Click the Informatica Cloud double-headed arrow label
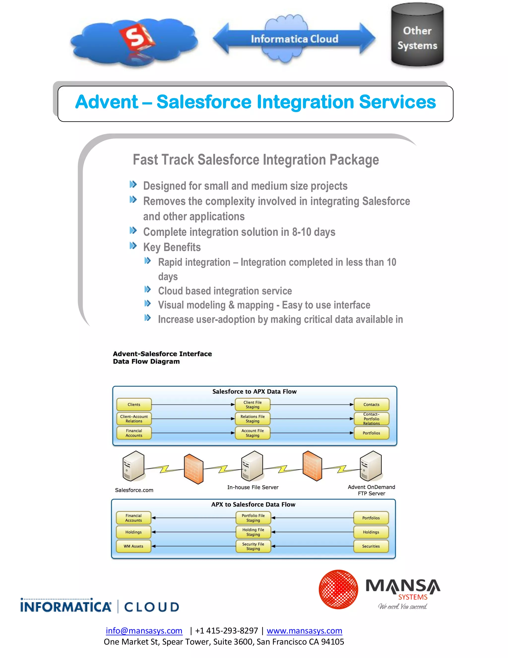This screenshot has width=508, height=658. (294, 39)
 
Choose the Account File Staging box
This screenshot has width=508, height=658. (253, 433)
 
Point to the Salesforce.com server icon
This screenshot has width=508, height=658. (133, 466)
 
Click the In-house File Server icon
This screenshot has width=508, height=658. (252, 466)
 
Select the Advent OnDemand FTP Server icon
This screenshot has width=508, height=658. (371, 466)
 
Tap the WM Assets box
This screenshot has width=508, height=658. (133, 546)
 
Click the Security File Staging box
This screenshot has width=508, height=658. (253, 546)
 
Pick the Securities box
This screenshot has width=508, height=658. (371, 546)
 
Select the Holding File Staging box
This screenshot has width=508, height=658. (253, 532)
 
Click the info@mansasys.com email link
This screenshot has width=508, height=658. (144, 631)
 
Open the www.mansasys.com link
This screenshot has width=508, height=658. (304, 631)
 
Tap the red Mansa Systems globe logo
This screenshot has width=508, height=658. (338, 589)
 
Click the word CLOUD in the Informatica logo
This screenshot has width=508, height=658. (152, 607)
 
